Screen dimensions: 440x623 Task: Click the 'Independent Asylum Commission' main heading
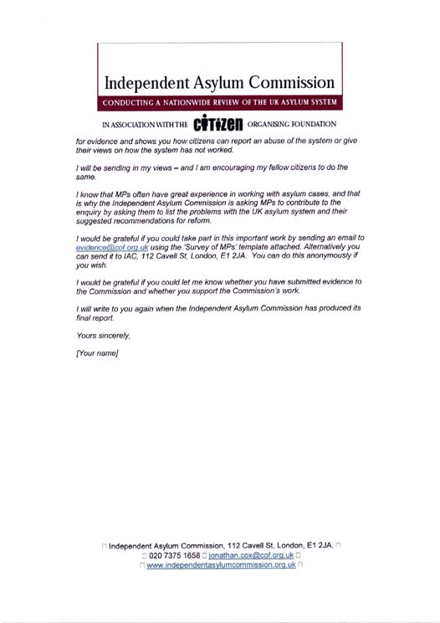(221, 83)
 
